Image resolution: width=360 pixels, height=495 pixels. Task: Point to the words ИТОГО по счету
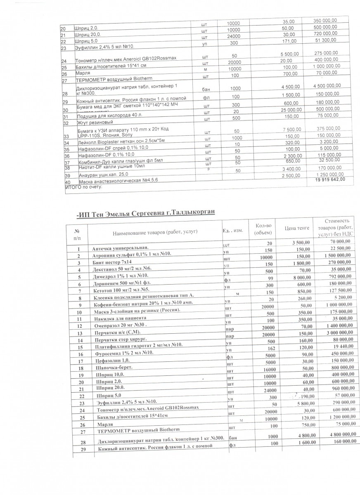[84, 188]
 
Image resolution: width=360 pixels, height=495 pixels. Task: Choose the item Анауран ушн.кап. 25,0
[98, 176]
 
